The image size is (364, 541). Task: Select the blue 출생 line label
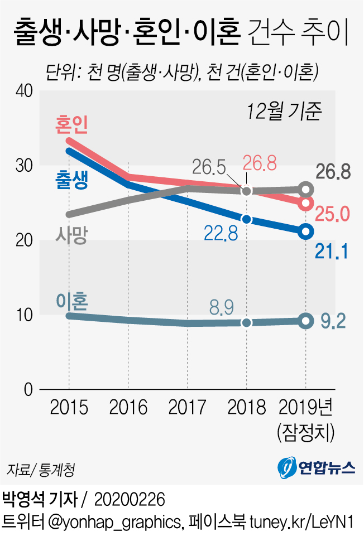(x=72, y=180)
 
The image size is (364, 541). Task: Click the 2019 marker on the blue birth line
(x=305, y=231)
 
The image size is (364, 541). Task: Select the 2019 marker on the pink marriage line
(x=305, y=203)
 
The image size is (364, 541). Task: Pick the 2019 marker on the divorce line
(x=305, y=321)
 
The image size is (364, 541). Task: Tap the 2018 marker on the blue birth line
(x=247, y=219)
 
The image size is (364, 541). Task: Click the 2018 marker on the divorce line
(x=247, y=322)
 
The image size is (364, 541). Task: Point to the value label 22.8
(x=221, y=233)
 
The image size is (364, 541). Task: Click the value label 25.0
(x=333, y=213)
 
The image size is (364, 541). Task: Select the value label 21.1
(x=332, y=252)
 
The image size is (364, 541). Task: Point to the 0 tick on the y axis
(x=29, y=389)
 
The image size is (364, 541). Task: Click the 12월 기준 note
(x=285, y=111)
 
